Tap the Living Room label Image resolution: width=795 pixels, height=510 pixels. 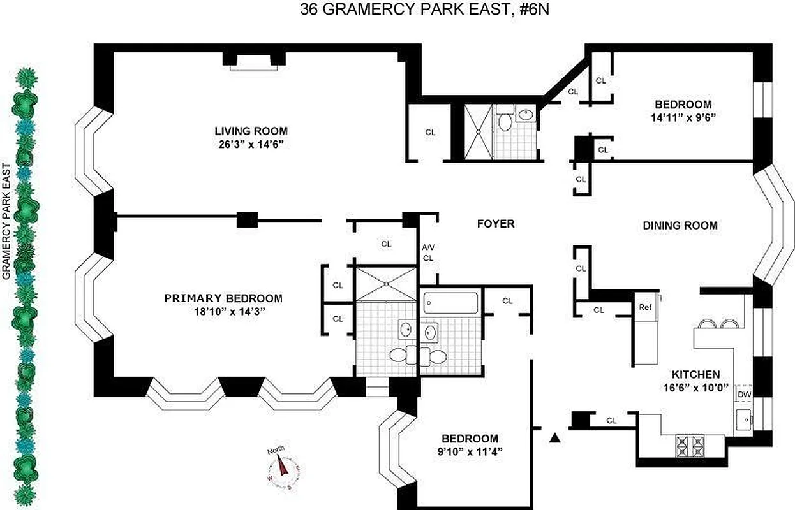tap(251, 131)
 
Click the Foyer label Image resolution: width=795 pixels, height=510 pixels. tap(496, 224)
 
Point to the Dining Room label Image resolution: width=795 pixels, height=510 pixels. tap(680, 225)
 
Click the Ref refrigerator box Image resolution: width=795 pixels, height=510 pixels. tap(645, 307)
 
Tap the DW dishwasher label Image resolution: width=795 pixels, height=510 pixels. tap(744, 395)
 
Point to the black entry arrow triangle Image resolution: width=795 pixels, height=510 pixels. tap(555, 437)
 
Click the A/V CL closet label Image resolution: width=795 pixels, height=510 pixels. tap(427, 253)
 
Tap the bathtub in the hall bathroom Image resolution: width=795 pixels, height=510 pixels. tap(450, 302)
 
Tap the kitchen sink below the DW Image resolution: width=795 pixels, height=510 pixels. tap(743, 419)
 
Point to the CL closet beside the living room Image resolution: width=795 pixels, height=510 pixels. tap(431, 132)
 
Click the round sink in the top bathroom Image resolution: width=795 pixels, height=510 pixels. tap(525, 115)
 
